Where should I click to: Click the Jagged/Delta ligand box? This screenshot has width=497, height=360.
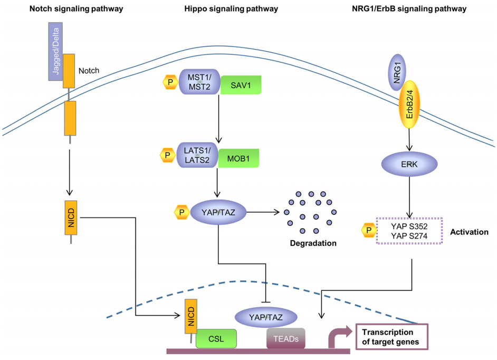pos(56,51)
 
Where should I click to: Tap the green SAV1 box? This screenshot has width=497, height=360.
pos(240,84)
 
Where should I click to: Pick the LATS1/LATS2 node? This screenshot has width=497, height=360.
pos(198,155)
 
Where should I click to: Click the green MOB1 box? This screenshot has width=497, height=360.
pos(239,157)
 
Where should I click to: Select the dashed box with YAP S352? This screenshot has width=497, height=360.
pos(409,231)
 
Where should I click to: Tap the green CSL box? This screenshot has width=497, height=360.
pos(216,338)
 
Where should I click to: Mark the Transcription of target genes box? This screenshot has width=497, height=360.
pos(391,336)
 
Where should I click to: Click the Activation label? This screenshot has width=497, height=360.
pos(469,232)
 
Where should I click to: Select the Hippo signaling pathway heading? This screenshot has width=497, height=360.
pos(231,9)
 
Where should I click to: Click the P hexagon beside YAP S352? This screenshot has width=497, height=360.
pos(367,231)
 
